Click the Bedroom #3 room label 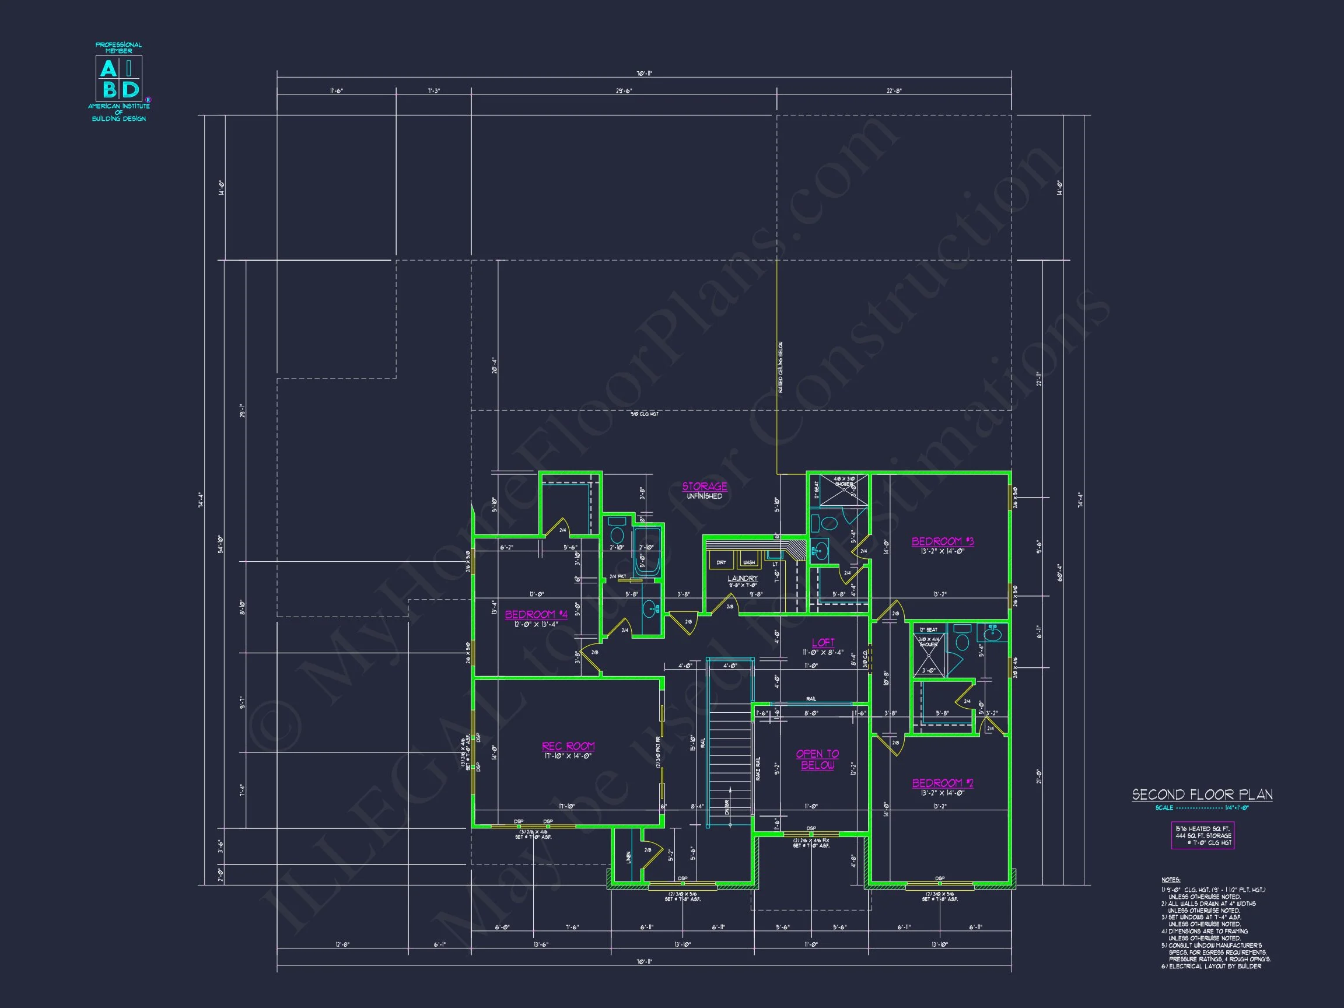[943, 541]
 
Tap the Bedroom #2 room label [943, 783]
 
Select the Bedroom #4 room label [536, 614]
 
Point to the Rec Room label [568, 746]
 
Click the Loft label [823, 642]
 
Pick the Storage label [704, 486]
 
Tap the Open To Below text [817, 759]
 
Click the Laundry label [743, 579]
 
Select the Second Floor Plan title [1202, 794]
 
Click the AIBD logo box [119, 78]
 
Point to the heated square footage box [1202, 835]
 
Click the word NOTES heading [1170, 880]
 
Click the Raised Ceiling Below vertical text [780, 367]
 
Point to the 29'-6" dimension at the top [624, 91]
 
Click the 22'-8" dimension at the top [894, 91]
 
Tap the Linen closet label [628, 857]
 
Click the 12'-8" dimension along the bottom [342, 944]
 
